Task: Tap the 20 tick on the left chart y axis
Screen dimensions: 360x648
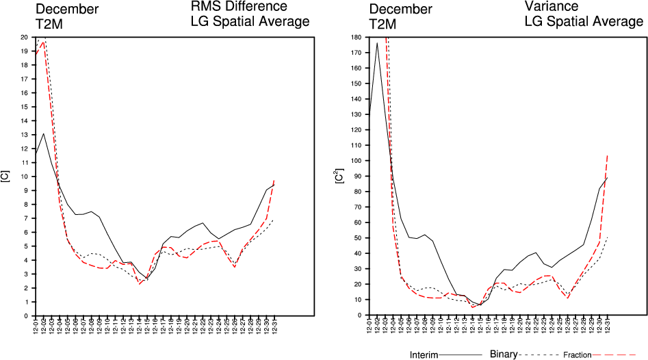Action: [25, 37]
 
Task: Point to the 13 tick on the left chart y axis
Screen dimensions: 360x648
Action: [25, 134]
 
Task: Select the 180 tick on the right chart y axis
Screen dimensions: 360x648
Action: [357, 37]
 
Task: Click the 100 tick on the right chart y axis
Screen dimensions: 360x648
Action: [357, 161]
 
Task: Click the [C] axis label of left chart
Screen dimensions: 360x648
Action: [6, 177]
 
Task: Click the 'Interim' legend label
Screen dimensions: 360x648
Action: [424, 355]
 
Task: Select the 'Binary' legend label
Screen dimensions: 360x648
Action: [504, 355]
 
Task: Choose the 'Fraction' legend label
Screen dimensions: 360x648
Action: [576, 355]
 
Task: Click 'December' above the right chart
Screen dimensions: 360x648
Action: [400, 9]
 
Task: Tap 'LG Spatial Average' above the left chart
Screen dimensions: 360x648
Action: [250, 22]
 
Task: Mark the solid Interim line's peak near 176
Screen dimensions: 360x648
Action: [377, 43]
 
